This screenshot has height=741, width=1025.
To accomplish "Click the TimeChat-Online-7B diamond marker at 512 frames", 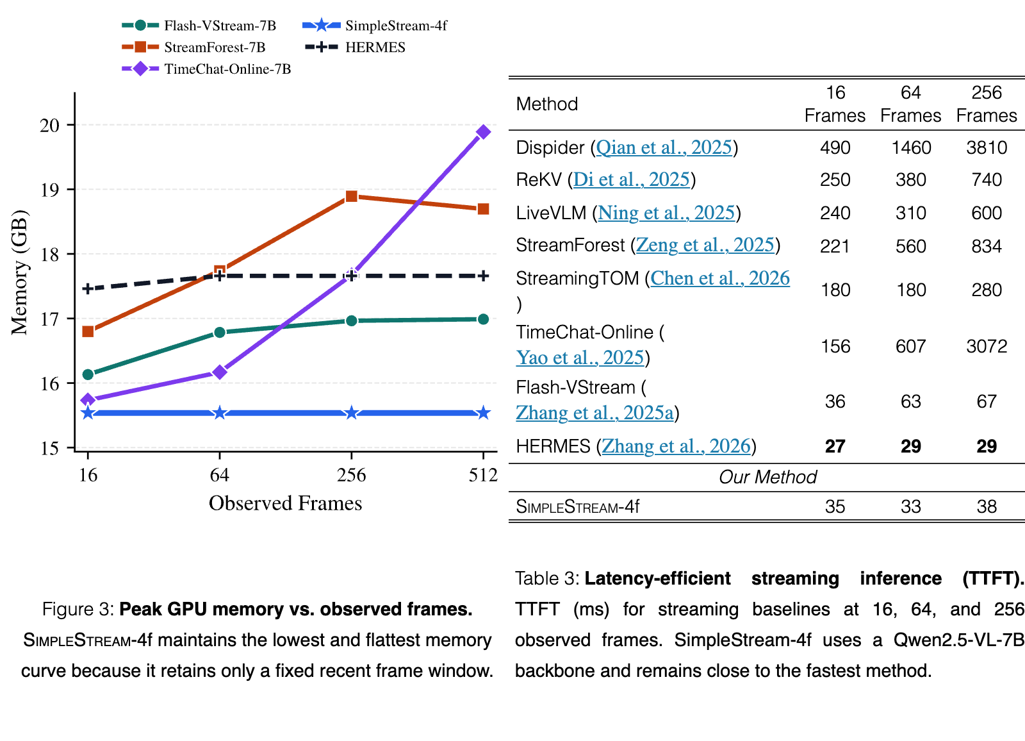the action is pos(483,132).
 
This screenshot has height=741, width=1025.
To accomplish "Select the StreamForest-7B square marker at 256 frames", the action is pos(352,197).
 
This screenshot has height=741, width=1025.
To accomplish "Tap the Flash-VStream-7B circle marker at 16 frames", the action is pos(88,374).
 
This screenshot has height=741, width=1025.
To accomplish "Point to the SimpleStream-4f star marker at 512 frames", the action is pos(483,413).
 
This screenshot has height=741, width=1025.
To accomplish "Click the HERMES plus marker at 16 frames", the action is pos(88,288).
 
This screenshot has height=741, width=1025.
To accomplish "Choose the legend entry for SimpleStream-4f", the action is pos(375,25).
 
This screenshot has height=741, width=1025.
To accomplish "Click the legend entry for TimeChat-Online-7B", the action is pos(206,69).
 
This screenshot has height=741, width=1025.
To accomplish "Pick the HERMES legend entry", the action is pos(355,47).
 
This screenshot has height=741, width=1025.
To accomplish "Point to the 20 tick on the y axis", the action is pos(49,125).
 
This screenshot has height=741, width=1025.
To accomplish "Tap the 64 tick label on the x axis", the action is pos(220,475).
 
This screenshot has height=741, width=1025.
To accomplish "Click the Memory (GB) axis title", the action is pos(20,272).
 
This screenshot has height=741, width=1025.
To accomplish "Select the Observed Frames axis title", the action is pos(286,503).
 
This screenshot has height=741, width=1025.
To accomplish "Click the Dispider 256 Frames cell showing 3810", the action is pos(987,147).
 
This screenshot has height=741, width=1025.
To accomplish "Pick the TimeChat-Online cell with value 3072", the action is pos(987,346).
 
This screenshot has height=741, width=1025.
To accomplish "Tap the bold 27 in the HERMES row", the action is pos(835,446).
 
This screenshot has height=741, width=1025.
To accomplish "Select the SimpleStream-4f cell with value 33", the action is pos(910,506).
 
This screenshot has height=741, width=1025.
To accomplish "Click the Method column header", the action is pos(547,104).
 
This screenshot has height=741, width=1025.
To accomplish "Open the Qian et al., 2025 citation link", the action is pos(664,147).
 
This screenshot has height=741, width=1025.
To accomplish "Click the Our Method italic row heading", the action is pos(768,477).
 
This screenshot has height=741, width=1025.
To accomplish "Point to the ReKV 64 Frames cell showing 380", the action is pos(910,179).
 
